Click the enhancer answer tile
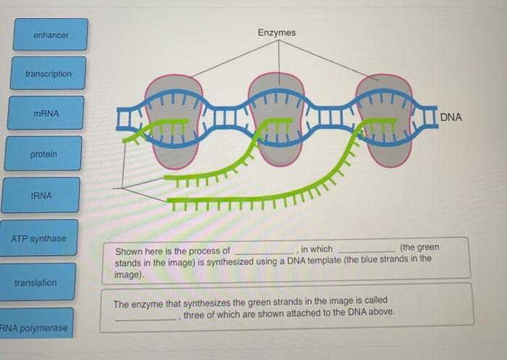point(50,35)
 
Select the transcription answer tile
point(48,74)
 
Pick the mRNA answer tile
point(46,114)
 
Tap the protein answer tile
point(43,154)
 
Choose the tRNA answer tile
point(41,196)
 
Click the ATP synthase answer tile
point(38,239)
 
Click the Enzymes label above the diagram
point(276,33)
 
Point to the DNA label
point(450,117)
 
